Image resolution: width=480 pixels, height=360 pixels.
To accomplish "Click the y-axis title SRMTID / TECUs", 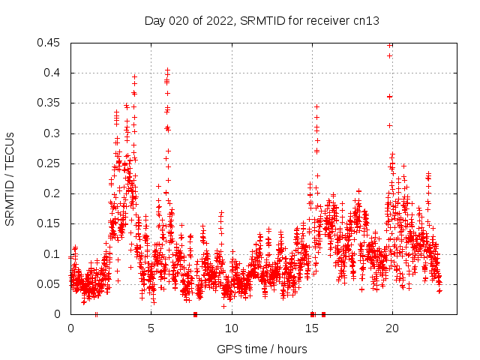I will (10, 178).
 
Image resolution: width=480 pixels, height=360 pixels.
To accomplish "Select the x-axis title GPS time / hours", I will (262, 349).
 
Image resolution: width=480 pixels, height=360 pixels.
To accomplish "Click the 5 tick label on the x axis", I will (151, 328).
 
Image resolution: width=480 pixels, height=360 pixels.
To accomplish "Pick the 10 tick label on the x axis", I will (231, 328).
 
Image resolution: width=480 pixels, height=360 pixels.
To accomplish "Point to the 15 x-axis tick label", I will (311, 328).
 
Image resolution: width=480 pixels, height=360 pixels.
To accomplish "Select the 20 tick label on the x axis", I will (391, 328).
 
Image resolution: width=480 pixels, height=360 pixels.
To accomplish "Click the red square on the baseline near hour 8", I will (195, 314).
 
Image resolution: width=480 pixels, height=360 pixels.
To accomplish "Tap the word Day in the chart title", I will (155, 21).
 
